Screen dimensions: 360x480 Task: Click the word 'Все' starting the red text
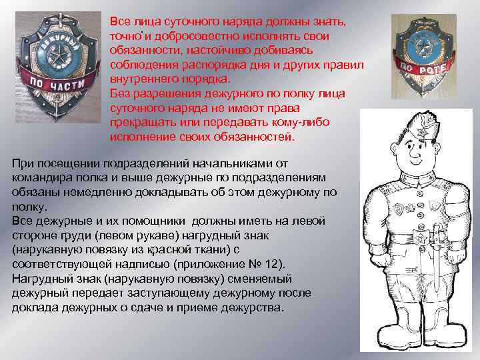tap(120, 21)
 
